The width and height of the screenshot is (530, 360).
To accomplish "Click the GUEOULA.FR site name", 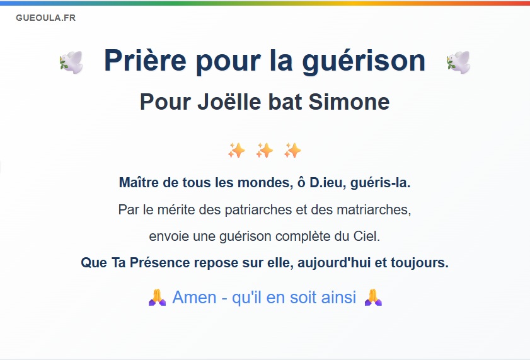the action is click(x=45, y=18).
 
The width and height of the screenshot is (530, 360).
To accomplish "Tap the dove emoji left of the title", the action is click(x=71, y=62).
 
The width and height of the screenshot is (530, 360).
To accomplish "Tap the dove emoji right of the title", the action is click(x=458, y=62).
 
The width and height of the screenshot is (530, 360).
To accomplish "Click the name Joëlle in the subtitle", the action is click(x=229, y=102).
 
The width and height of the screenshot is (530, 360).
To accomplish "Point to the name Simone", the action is click(x=349, y=102).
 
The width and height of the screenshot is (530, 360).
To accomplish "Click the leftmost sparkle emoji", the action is click(x=236, y=151).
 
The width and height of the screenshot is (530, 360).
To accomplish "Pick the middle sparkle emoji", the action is click(x=264, y=151).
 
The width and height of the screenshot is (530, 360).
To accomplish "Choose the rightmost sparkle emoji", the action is click(x=292, y=151).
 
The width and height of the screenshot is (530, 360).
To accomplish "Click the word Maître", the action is click(x=139, y=183).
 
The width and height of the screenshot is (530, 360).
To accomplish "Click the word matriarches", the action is click(x=374, y=209).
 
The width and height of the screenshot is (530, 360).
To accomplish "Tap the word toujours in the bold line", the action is click(x=420, y=262).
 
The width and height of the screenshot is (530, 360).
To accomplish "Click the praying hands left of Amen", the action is click(x=157, y=298).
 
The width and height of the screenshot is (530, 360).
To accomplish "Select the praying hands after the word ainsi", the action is click(x=373, y=298).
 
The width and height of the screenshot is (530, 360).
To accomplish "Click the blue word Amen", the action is click(x=194, y=298).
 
